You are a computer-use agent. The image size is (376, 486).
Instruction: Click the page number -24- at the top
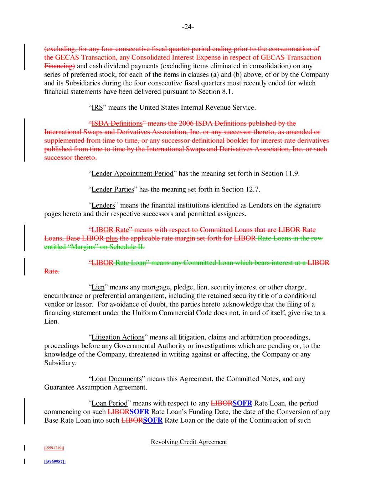tap(188, 27)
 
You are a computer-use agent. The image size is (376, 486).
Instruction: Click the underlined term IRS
tap(97, 108)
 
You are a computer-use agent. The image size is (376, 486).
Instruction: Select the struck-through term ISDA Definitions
tap(117, 124)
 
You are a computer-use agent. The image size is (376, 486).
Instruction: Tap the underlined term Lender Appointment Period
tap(132, 174)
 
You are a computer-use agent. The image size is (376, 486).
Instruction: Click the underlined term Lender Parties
tap(113, 189)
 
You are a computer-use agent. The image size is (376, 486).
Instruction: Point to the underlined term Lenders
tap(103, 205)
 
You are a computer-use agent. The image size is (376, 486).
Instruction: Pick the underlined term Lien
tap(98, 287)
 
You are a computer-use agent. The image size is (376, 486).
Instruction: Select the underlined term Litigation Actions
tap(118, 337)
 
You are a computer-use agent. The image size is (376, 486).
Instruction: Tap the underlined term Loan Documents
tap(117, 379)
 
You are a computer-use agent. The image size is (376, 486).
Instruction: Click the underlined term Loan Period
tap(109, 403)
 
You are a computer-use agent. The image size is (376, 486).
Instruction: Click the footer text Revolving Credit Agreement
tap(189, 442)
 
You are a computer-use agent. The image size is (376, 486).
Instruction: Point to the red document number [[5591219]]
tap(54, 448)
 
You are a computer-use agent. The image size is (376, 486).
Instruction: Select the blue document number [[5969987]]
tap(55, 461)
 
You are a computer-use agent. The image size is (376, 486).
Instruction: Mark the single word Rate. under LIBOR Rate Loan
tap(52, 272)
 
